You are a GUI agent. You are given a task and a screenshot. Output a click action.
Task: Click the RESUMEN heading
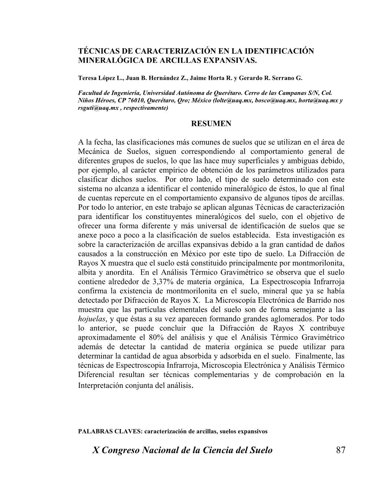(211, 124)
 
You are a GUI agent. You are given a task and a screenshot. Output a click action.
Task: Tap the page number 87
(340, 450)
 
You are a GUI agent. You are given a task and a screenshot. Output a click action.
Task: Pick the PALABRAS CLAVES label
(110, 431)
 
